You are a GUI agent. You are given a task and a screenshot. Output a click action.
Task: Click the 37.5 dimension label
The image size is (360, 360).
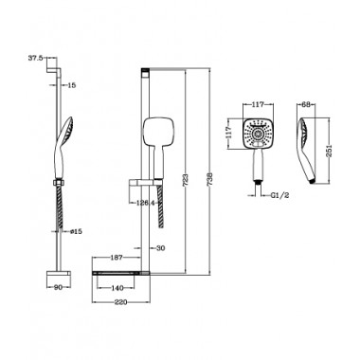35,58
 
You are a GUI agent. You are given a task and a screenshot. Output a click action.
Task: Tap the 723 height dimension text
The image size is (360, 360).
186,179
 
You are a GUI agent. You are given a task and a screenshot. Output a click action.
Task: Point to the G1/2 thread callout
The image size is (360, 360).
279,195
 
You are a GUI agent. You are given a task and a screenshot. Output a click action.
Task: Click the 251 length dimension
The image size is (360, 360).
329,151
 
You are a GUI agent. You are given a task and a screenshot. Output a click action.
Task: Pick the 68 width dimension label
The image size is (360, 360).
306,104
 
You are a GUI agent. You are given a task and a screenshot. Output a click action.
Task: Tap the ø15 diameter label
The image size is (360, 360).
76,231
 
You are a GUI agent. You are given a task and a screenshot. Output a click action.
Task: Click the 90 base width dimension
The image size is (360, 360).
59,287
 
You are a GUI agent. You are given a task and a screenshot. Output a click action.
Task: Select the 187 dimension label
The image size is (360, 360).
117,258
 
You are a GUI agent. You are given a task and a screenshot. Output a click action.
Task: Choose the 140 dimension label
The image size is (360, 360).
117,288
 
